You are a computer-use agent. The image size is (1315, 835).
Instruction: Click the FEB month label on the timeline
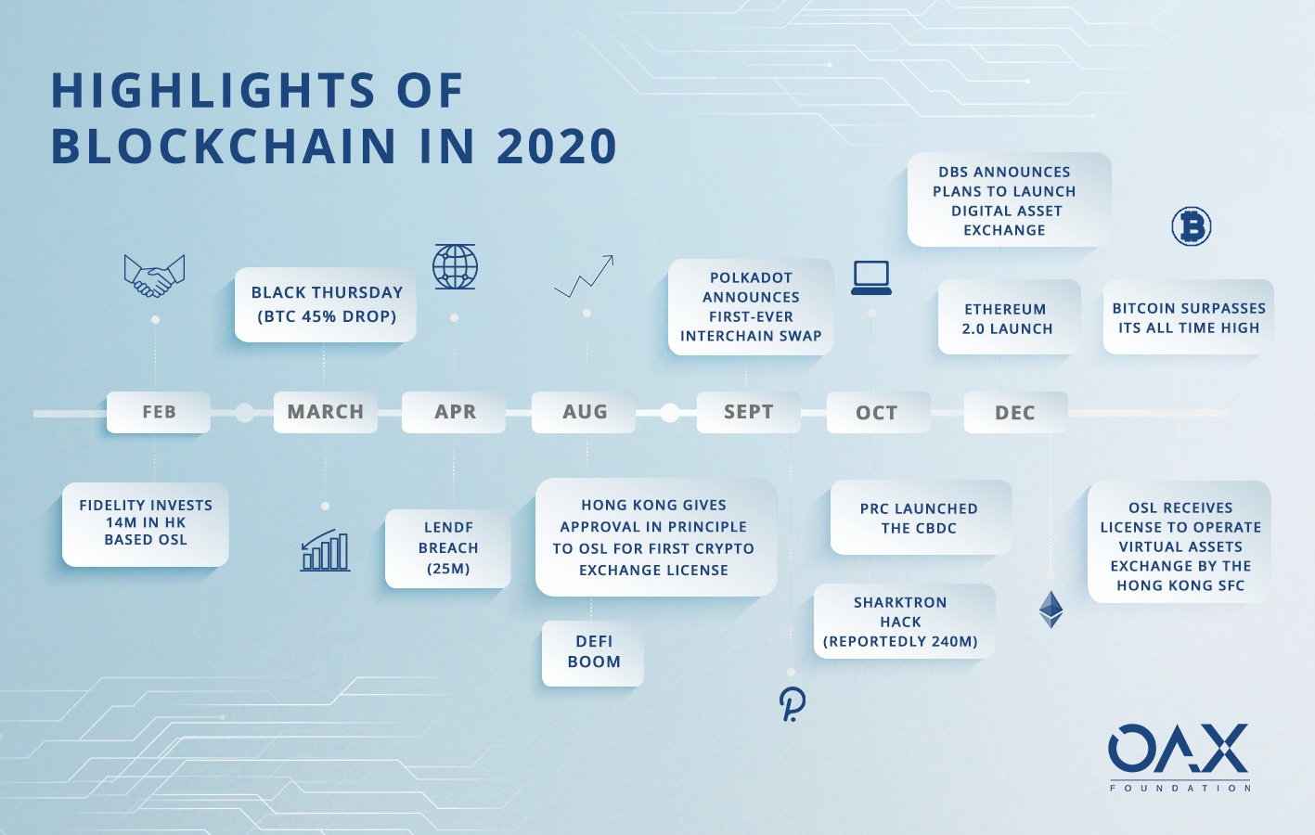159,412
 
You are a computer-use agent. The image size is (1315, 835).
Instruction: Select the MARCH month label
325,412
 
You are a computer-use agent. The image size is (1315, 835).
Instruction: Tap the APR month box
454,412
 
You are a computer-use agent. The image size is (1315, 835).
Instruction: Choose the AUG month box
584,412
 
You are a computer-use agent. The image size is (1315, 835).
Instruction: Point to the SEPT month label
749,412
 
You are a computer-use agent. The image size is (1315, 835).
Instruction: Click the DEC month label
1015,412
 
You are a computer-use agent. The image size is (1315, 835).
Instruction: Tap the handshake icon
154,276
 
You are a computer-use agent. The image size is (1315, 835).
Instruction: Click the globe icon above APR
455,266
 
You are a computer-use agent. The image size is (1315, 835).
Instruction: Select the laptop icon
871,278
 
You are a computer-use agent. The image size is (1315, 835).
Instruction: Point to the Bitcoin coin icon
1192,225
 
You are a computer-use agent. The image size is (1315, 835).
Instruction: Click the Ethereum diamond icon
1051,610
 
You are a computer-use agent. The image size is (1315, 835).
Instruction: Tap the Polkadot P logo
792,703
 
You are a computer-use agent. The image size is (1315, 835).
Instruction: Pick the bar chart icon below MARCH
325,550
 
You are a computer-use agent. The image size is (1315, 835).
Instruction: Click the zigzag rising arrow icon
584,276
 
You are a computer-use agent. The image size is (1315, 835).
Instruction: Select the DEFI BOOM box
593,653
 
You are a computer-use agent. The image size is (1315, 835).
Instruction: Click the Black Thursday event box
326,305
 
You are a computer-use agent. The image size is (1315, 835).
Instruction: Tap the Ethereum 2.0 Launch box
1009,317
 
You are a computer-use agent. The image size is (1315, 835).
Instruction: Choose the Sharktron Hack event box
904,621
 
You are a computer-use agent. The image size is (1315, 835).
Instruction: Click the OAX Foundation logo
1180,757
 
